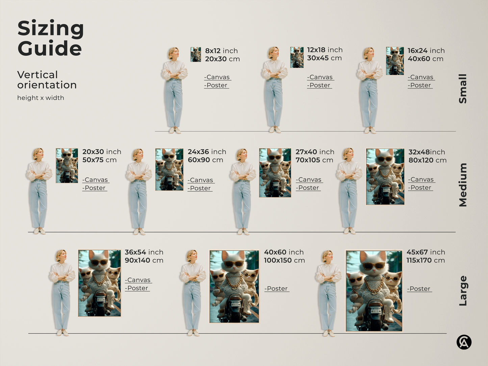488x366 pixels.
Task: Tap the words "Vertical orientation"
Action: point(47,80)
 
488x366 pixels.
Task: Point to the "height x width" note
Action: point(41,98)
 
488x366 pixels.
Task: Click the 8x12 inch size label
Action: point(221,51)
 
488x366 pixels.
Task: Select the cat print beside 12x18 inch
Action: point(297,57)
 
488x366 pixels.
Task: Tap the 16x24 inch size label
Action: point(426,51)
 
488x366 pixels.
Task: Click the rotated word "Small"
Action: point(463,88)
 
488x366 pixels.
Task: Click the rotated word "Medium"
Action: point(463,185)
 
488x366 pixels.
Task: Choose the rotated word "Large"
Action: point(463,291)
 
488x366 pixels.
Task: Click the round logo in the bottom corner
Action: point(464,342)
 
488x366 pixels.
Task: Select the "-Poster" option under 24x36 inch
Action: point(200,188)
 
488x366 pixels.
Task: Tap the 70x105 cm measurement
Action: point(314,160)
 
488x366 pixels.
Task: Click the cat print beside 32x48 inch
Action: point(385,177)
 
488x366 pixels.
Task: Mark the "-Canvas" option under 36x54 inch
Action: point(138,280)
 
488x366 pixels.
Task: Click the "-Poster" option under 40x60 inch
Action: point(276,289)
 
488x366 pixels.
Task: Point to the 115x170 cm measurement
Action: point(426,260)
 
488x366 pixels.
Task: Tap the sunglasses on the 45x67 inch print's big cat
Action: point(374,265)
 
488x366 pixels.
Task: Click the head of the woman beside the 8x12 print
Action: point(173,53)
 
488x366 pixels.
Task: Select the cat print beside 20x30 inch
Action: point(67,165)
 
